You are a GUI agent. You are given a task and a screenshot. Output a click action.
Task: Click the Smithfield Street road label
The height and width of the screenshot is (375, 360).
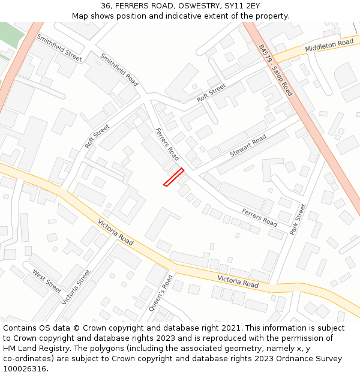click(x=59, y=47)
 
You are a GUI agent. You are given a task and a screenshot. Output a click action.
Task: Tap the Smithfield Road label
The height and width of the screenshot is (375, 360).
click(x=119, y=70)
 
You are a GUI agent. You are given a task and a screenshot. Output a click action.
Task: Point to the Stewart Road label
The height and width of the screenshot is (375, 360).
click(x=248, y=146)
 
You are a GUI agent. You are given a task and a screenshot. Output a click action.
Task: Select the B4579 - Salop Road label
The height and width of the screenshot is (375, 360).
click(x=275, y=70)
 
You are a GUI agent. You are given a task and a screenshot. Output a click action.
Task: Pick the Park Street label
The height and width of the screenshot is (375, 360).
click(x=298, y=219)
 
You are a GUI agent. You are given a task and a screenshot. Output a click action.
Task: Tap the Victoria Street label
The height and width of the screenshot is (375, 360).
click(x=76, y=286)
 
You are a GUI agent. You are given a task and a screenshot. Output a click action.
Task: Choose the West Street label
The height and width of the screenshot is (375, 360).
click(x=47, y=281)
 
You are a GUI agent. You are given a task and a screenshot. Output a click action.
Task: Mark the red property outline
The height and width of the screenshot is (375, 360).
click(x=173, y=177)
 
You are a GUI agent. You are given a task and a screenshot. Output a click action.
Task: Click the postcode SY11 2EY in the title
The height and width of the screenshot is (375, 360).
click(x=242, y=6)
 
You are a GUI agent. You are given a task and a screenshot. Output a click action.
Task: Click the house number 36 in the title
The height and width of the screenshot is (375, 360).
click(x=106, y=6)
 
